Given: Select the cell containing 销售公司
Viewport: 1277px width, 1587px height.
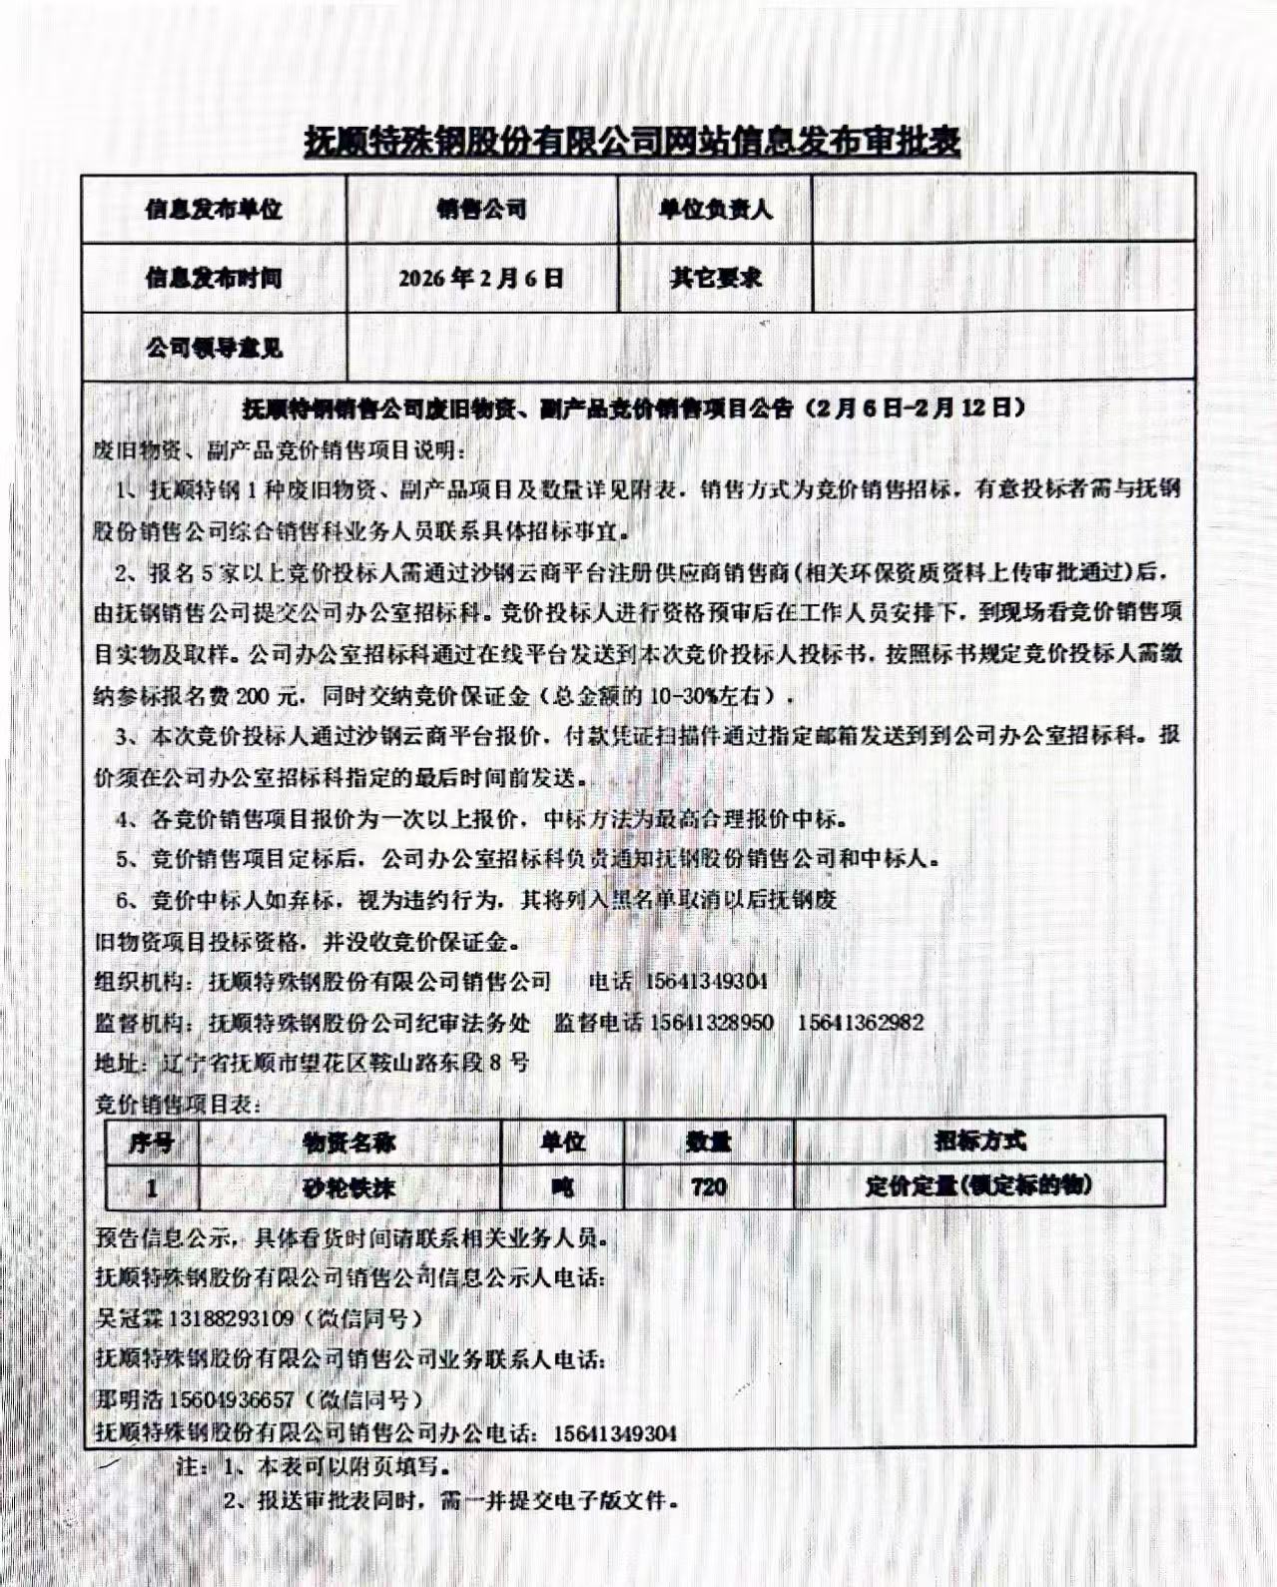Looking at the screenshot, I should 481,209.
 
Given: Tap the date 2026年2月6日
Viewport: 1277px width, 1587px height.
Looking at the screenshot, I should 481,278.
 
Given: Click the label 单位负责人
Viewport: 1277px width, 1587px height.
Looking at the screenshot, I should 715,209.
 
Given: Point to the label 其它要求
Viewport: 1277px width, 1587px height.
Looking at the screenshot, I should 715,278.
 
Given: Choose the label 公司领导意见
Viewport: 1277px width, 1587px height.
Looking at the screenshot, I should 214,348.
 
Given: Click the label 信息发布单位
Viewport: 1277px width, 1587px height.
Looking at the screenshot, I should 214,209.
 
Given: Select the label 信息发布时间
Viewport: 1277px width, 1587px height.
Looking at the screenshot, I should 214,278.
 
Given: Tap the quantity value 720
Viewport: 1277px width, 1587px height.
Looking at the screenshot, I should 708,1187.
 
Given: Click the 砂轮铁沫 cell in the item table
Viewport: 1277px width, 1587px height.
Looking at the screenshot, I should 348,1188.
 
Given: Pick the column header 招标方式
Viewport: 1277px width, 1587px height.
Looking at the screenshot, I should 979,1141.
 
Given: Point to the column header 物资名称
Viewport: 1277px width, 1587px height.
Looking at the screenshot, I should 348,1142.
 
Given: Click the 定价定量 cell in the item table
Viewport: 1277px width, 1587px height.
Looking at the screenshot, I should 978,1187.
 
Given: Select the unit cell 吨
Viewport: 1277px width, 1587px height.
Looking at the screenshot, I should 562,1188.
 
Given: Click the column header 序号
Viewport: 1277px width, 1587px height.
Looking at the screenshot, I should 151,1142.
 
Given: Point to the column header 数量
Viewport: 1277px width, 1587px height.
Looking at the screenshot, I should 708,1142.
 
